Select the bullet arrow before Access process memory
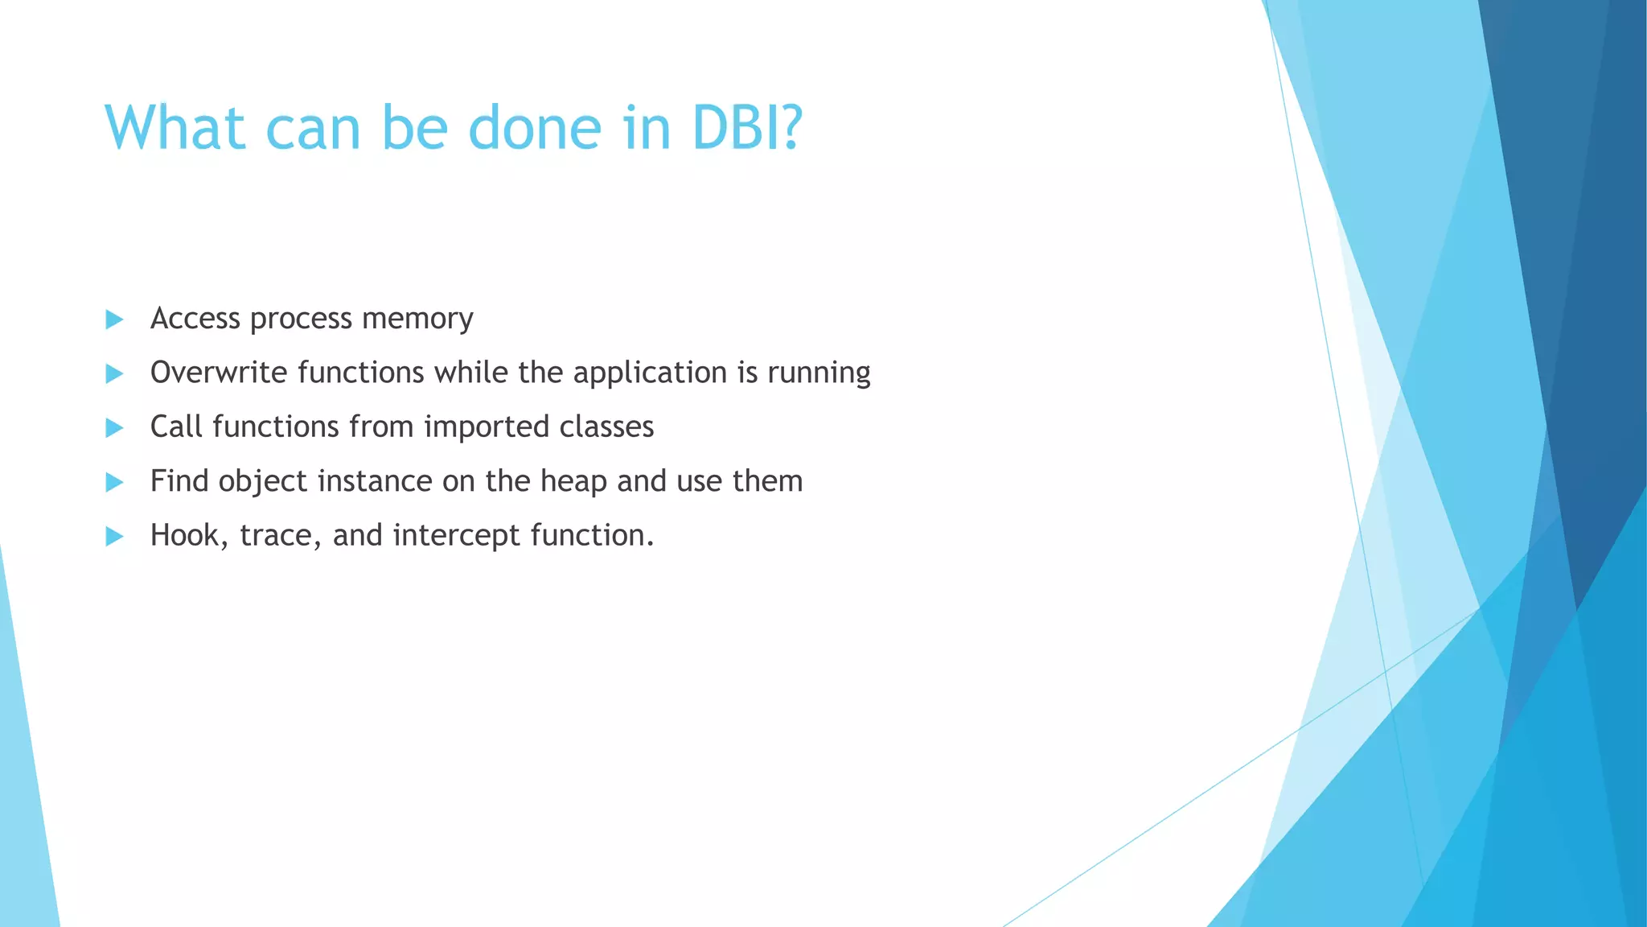pyautogui.click(x=114, y=319)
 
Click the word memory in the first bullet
pyautogui.click(x=417, y=319)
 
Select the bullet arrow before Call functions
pyautogui.click(x=114, y=427)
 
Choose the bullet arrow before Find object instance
pyautogui.click(x=114, y=482)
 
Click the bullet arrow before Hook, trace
pyautogui.click(x=114, y=536)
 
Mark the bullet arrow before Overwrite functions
pyautogui.click(x=114, y=373)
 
